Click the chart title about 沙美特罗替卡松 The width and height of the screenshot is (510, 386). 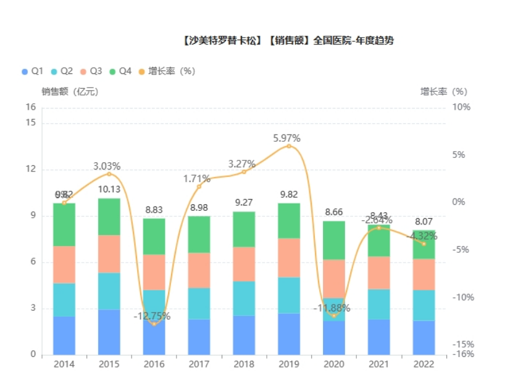pos(288,41)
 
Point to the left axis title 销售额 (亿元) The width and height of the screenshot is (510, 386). pos(70,91)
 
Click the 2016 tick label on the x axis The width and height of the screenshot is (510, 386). pos(154,364)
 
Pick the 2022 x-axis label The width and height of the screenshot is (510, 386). pos(424,364)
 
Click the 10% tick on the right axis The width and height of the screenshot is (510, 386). pos(461,107)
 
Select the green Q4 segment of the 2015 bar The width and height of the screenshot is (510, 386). pos(109,216)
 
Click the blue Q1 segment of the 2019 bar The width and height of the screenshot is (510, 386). pos(289,334)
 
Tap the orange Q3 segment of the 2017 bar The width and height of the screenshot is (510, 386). pos(199,270)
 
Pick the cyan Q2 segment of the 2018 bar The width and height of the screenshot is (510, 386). pos(244,298)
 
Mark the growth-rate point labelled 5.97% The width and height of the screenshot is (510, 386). pos(289,146)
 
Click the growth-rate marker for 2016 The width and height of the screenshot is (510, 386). pos(154,324)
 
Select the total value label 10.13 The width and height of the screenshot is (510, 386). pos(109,189)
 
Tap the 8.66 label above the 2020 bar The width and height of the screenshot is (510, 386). pos(333,212)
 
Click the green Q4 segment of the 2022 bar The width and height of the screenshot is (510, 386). pos(424,245)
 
